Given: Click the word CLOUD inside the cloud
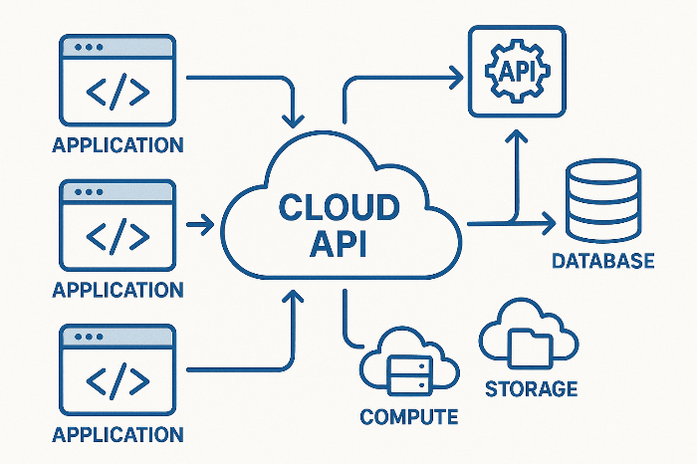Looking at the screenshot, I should tap(340, 209).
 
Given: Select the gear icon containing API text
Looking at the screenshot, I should tap(517, 73).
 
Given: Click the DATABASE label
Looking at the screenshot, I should tap(603, 262).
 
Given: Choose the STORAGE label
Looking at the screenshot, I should tap(531, 388).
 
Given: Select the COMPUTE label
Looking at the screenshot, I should tap(409, 417).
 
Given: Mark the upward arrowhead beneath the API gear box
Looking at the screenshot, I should tap(517, 142).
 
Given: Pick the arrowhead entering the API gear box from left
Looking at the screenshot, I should tap(456, 73).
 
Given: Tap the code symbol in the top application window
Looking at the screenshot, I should tap(118, 93).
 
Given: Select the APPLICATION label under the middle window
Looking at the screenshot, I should tap(117, 290).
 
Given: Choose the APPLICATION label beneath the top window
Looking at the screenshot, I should tap(117, 145).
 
